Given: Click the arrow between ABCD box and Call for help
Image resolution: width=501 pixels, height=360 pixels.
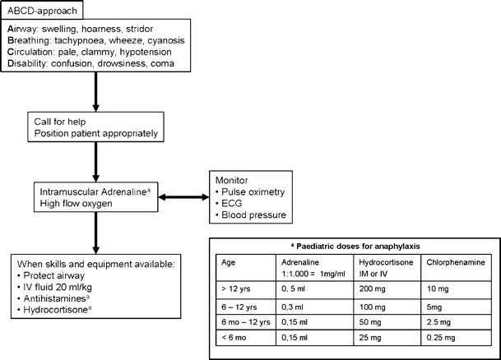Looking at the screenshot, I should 97,90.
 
